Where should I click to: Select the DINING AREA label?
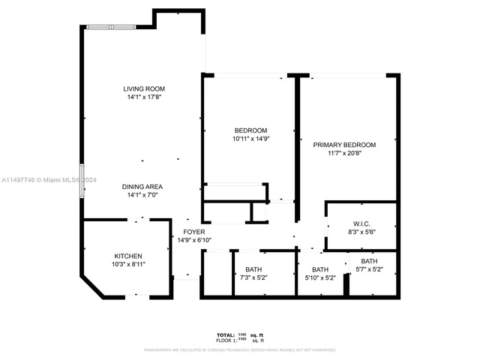tap(142, 187)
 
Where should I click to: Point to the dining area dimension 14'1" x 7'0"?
tap(142, 195)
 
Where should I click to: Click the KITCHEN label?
tap(127, 256)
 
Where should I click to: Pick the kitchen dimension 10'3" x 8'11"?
tap(127, 264)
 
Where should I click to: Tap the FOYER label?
tap(194, 232)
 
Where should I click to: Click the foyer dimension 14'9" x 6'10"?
tap(194, 241)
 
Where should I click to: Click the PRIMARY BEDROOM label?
tap(344, 145)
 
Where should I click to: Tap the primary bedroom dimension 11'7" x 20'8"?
tap(344, 153)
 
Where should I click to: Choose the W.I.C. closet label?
tap(362, 224)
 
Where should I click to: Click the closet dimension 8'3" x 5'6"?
tap(362, 232)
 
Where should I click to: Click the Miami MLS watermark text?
tap(44, 180)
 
